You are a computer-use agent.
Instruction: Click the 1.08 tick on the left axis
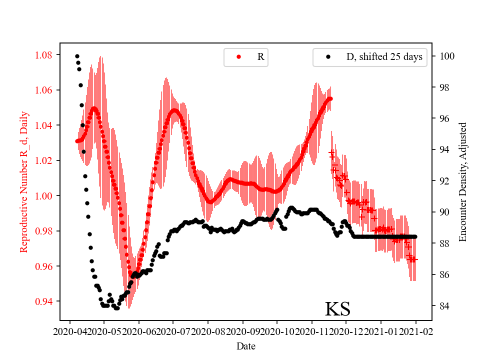[x=44, y=54]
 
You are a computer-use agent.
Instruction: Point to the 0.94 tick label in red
[x=44, y=301]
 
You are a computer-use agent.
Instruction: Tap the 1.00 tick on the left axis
[x=44, y=196]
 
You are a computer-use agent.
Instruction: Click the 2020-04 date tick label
[x=69, y=331]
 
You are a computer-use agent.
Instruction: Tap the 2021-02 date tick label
[x=415, y=331]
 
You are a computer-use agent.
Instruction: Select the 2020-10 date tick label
[x=277, y=331]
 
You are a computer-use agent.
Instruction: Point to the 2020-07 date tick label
[x=173, y=331]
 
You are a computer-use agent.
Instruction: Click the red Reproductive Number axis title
[x=23, y=181]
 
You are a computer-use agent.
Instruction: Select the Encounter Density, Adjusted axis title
[x=462, y=181]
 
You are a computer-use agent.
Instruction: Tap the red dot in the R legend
[x=238, y=57]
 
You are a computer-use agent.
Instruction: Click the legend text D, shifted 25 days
[x=384, y=57]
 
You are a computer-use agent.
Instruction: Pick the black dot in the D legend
[x=328, y=57]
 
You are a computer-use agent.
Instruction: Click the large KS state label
[x=337, y=309]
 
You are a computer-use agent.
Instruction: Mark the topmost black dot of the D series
[x=77, y=56]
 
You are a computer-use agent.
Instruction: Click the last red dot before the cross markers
[x=330, y=98]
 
